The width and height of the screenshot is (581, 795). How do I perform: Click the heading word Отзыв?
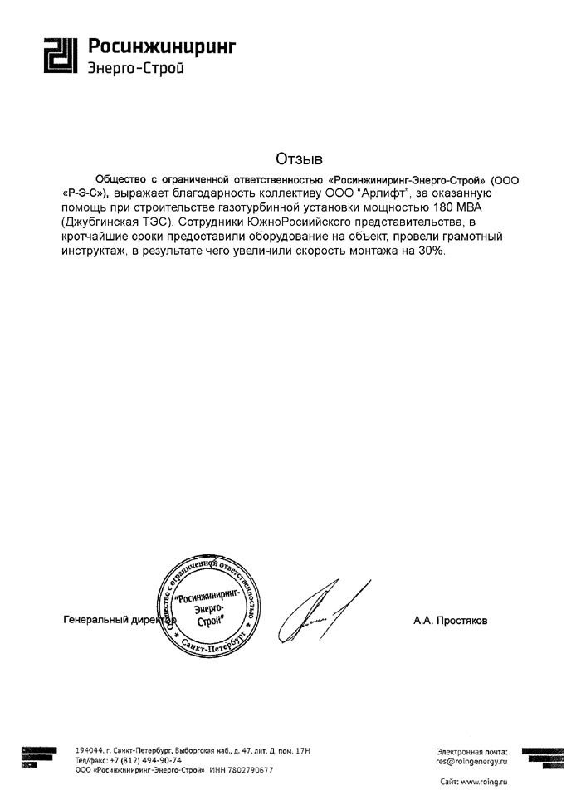pyautogui.click(x=297, y=159)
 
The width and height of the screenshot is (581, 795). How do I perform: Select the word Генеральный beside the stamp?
pyautogui.click(x=92, y=620)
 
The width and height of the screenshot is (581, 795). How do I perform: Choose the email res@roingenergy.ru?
pyautogui.click(x=470, y=760)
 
